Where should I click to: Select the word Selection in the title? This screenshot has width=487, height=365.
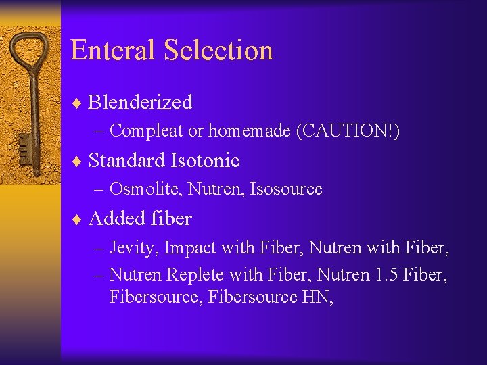[218, 51]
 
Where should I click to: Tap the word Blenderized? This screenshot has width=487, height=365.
[141, 102]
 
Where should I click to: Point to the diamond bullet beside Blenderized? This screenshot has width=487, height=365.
[78, 103]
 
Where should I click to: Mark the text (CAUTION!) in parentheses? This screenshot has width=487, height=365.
[348, 131]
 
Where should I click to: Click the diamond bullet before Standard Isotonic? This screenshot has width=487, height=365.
[78, 161]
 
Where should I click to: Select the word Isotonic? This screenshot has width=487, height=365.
[206, 160]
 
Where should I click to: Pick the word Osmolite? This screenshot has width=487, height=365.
[145, 189]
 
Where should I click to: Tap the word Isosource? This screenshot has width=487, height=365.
[286, 189]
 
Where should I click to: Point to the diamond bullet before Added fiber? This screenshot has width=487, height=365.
[78, 219]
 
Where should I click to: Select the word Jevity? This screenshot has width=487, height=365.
[133, 248]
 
